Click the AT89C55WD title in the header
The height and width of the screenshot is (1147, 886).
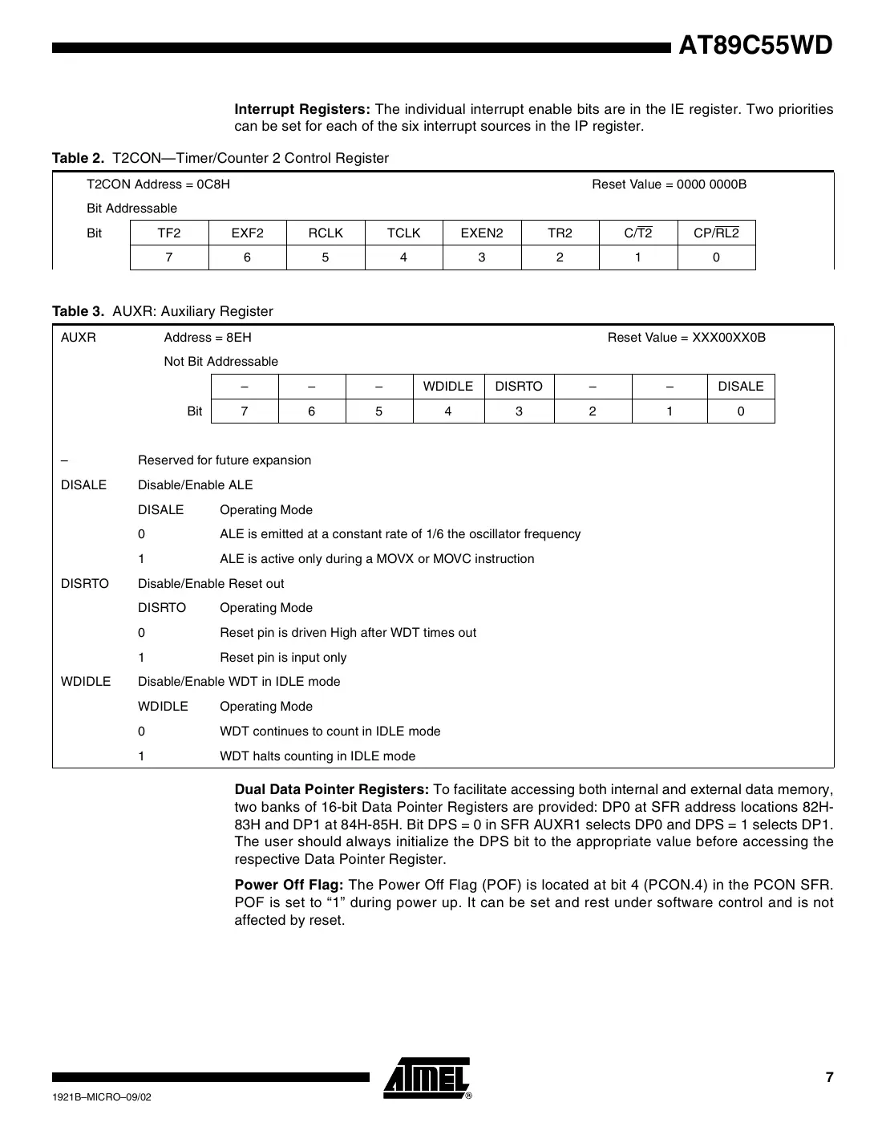tap(755, 46)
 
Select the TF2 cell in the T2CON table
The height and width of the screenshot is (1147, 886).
tap(169, 233)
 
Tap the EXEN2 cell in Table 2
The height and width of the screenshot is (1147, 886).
tap(481, 233)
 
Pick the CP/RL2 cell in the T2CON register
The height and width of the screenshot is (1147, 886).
tap(716, 233)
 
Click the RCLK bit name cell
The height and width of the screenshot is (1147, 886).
tap(326, 233)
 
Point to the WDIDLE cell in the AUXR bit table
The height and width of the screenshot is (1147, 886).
tap(447, 387)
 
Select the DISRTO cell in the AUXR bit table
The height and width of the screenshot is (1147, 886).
tap(519, 387)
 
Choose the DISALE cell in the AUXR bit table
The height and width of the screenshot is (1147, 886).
tap(740, 387)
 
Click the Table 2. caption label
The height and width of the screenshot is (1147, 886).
tap(79, 158)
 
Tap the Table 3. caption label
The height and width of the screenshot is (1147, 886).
tap(79, 311)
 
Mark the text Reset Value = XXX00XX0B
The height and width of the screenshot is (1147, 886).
tap(686, 338)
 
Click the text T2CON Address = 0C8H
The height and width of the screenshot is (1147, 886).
tap(158, 184)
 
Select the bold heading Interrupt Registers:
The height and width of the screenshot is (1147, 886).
tap(301, 109)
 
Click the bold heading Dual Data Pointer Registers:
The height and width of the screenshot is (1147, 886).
tap(331, 789)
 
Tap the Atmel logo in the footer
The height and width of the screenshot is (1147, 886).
tap(427, 1078)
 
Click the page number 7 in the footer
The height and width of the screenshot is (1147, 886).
tap(829, 1078)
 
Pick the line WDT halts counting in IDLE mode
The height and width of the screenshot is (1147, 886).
tap(318, 756)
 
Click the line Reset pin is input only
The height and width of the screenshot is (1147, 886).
tap(283, 658)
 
